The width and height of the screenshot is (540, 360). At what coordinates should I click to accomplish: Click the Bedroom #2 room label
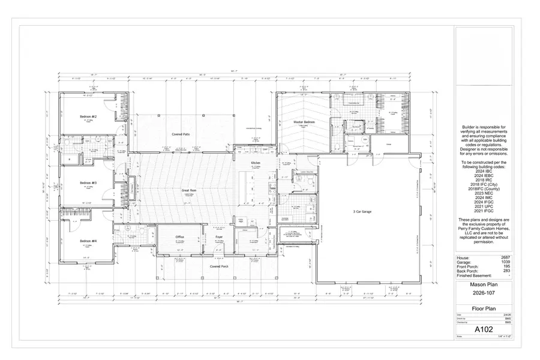tap(88, 116)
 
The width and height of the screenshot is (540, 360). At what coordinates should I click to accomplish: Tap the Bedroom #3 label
tap(88, 182)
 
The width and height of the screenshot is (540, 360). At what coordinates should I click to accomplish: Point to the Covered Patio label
tap(181, 134)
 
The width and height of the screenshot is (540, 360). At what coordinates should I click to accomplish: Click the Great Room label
tap(190, 190)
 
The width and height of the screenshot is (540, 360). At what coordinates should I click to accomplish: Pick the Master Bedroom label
tap(304, 122)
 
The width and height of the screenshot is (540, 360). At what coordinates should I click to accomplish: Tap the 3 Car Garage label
tap(363, 212)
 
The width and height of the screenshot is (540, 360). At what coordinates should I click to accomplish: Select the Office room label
tap(179, 237)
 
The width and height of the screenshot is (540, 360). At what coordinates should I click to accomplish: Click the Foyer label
tap(219, 238)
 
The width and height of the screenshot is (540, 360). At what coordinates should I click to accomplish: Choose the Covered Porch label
tap(218, 266)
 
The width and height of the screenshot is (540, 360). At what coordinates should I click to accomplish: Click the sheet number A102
tap(484, 329)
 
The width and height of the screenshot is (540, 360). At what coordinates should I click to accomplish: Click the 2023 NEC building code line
tap(484, 193)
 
